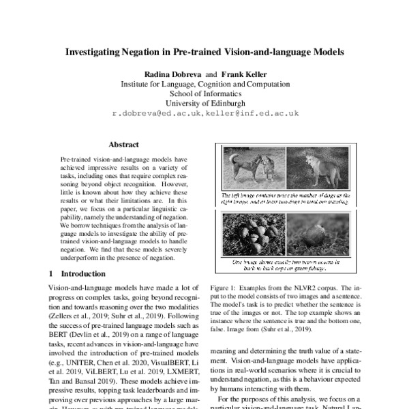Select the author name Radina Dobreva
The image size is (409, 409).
168,74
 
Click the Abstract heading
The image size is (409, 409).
123,145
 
